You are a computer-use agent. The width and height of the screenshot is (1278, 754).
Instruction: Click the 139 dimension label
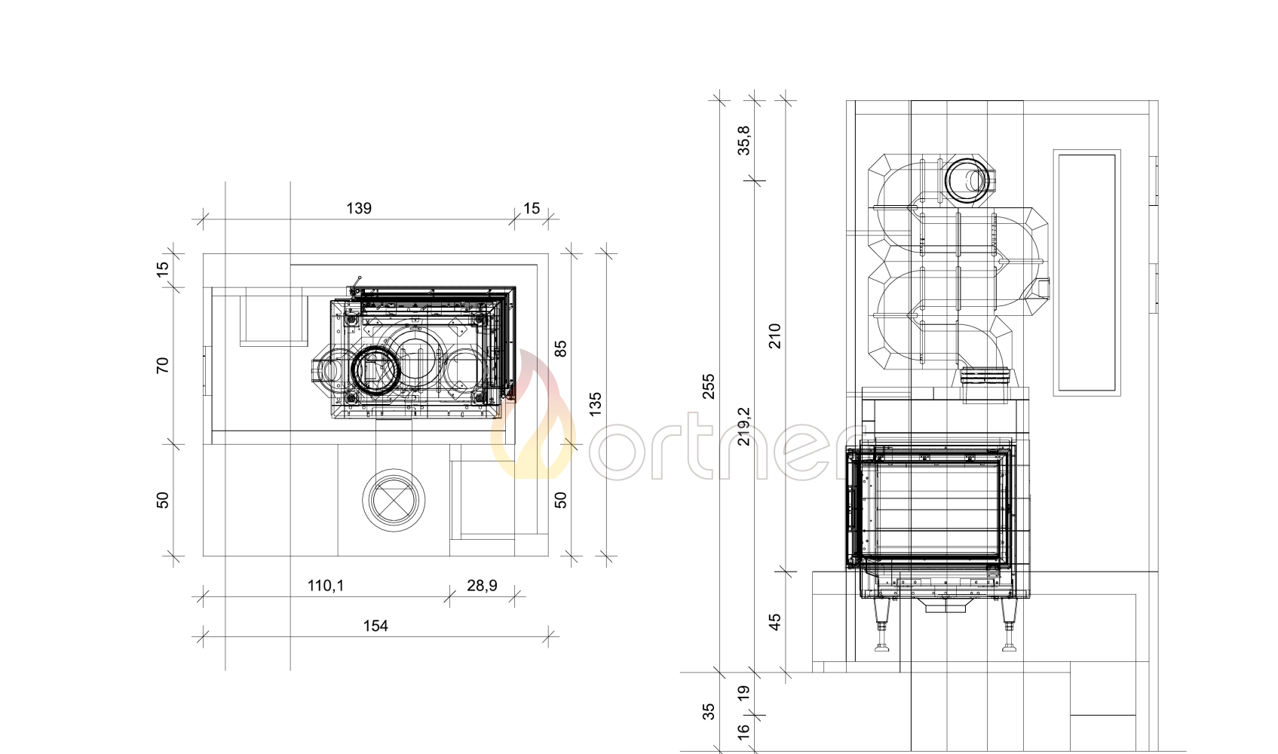click(x=359, y=209)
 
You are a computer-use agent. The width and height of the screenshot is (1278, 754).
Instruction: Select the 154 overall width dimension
click(x=375, y=627)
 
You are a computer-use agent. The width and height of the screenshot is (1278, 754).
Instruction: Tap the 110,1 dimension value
click(x=326, y=586)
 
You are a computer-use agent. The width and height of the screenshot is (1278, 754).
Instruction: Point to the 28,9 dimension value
click(x=482, y=586)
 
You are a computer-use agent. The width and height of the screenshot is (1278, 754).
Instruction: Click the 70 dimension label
click(x=163, y=365)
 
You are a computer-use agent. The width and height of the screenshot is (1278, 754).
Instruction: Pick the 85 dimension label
click(x=561, y=348)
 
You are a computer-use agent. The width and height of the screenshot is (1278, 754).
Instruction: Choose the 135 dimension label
click(x=595, y=404)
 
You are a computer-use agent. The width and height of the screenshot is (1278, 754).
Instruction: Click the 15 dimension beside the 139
click(x=532, y=209)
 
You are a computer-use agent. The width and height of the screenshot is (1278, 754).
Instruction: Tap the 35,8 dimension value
click(x=744, y=140)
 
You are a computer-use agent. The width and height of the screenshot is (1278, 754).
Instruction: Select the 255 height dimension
click(x=708, y=386)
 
